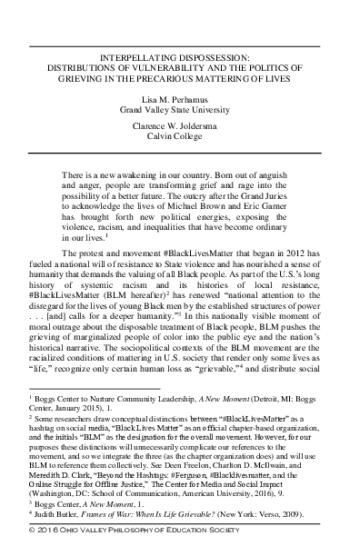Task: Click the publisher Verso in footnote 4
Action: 298,535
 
